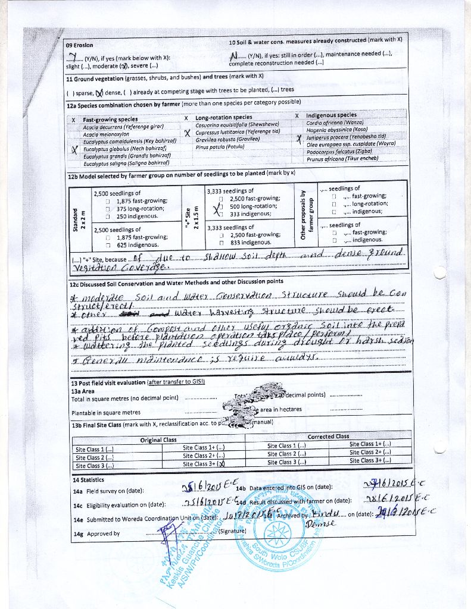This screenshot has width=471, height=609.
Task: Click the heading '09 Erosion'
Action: pos(79,45)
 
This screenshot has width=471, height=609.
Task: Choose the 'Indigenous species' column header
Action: pos(331,115)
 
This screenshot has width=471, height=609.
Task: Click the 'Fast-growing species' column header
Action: pos(110,120)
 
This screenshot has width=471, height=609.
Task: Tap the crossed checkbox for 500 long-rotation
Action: pos(218,206)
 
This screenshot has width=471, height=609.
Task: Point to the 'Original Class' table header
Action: pos(158,440)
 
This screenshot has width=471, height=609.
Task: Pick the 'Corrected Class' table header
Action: pos(328,436)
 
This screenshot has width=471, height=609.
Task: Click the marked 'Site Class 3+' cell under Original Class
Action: pos(203,464)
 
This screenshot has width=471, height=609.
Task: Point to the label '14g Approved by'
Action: pos(96,533)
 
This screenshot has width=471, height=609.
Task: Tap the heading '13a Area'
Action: pos(83,391)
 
